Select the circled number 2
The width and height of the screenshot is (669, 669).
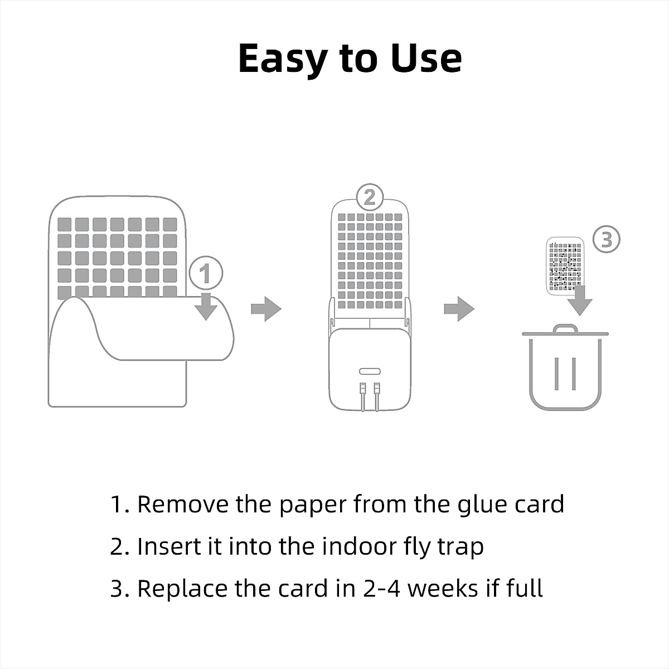pos(370,197)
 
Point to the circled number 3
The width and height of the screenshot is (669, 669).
pos(607,239)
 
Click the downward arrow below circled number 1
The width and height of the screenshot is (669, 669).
pos(206,306)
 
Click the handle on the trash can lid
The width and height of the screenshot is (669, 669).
pos(565,328)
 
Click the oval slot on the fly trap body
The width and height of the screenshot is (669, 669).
pos(370,371)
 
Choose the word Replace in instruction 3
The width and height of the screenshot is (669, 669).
pos(182,589)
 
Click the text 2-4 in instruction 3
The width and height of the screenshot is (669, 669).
pos(381,589)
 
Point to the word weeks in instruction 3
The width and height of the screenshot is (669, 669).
pos(443,589)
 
